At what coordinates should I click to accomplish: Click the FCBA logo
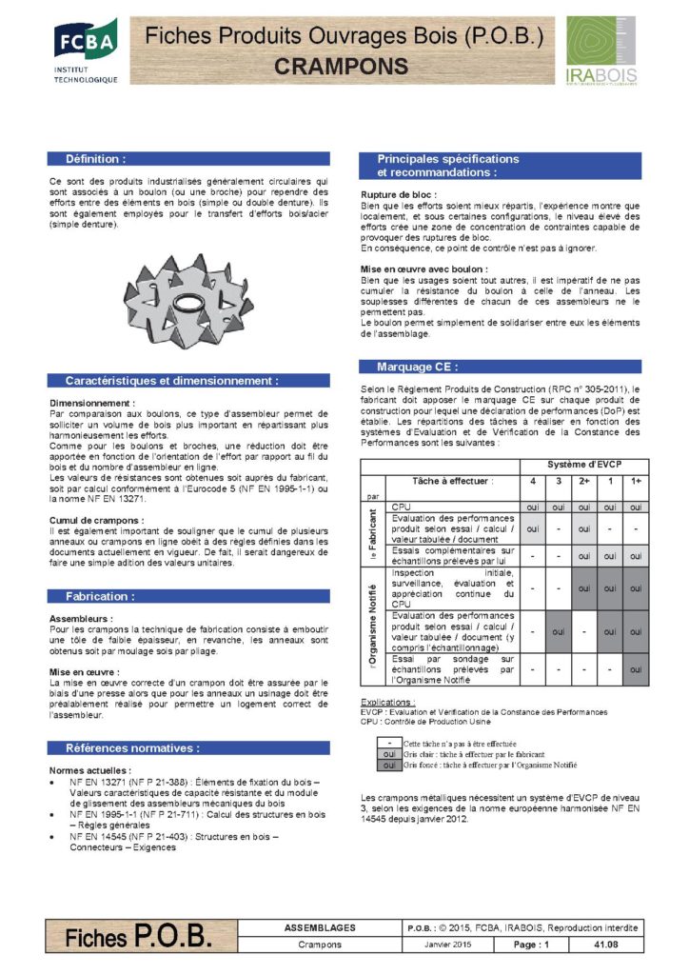click(85, 50)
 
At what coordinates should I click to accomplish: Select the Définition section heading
click(94, 159)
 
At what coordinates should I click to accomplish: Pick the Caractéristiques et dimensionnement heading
click(171, 380)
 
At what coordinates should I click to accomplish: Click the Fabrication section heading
click(100, 596)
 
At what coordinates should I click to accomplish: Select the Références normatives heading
click(132, 747)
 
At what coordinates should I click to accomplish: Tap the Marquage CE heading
click(417, 367)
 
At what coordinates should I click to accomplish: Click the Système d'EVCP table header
click(584, 464)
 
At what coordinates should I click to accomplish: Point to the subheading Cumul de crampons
click(97, 519)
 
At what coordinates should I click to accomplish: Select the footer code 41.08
click(605, 944)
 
